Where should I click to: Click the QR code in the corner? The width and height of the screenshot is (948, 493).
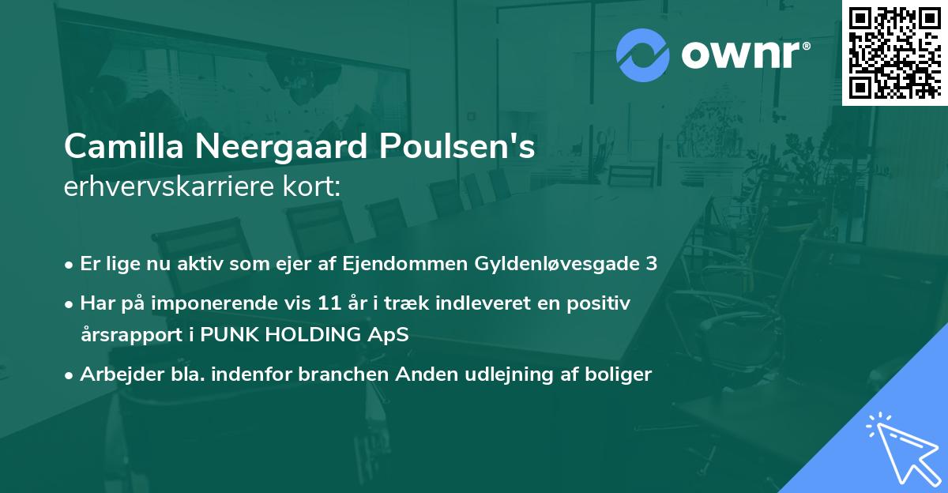895,52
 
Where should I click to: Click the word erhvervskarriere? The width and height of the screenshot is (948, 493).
167,186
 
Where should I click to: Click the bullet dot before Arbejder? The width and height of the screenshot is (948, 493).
70,375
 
